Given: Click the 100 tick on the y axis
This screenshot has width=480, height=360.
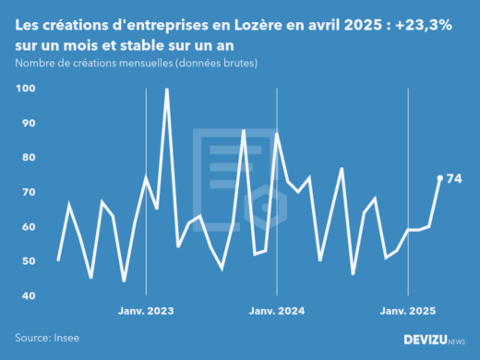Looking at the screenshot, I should pos(25,89).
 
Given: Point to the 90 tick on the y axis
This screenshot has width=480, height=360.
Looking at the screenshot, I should pos(28,123).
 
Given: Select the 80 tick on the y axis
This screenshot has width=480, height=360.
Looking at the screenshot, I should pos(28,158).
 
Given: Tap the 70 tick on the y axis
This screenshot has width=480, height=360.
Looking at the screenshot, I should pos(28,192).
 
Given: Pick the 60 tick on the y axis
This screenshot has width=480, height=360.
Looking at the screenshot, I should pos(28,227).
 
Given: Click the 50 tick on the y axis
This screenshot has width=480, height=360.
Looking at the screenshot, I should pos(28,261).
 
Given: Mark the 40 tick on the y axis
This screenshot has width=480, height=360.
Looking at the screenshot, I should pos(28,296).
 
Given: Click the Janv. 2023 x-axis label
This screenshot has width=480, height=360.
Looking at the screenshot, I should pos(147,311).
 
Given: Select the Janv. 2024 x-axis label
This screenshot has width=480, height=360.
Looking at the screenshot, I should pos(277,311).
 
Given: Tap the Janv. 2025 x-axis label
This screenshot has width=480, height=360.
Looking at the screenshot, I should pos(408,311).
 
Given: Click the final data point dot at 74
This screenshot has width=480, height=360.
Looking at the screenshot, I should pos(439,178).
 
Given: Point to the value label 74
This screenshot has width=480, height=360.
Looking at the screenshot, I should pos(454,178).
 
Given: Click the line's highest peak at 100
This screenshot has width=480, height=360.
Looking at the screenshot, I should pos(166,90).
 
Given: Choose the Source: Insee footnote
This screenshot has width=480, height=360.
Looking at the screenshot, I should pos(48,339).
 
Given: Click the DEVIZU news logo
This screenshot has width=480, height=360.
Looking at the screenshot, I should pos(435,340).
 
